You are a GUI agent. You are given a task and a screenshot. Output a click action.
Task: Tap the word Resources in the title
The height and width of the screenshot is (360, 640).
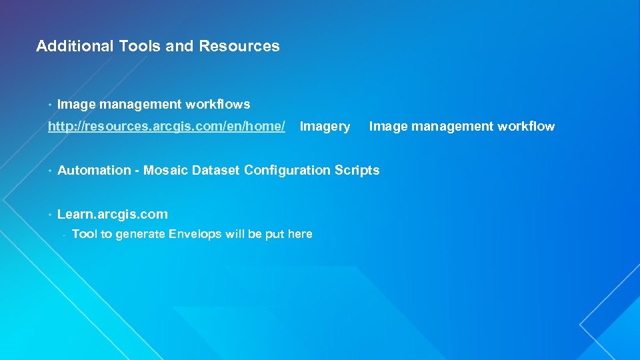click(239, 46)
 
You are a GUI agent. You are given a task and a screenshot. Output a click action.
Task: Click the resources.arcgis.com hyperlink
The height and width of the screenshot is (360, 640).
click(167, 127)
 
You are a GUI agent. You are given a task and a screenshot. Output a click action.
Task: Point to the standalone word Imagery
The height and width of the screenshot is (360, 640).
click(325, 127)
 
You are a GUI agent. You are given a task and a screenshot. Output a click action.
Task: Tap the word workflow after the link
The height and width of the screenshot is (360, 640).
click(523, 127)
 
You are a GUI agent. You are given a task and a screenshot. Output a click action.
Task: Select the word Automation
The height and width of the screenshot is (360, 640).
click(94, 170)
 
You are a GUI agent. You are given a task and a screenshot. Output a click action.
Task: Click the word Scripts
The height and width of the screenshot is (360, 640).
click(357, 170)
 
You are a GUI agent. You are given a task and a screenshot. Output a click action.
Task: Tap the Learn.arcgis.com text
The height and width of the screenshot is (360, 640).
click(113, 214)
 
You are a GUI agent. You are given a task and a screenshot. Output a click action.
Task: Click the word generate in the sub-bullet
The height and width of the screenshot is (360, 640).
click(140, 234)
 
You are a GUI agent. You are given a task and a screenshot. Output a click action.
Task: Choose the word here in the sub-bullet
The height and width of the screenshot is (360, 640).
click(300, 234)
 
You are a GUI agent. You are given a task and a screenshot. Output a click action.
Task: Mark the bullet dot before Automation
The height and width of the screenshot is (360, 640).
click(50, 171)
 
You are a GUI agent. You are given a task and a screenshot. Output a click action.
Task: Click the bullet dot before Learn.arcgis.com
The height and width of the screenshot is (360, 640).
click(50, 215)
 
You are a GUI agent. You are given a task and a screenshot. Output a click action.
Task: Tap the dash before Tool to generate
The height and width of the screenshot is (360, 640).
click(63, 235)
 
